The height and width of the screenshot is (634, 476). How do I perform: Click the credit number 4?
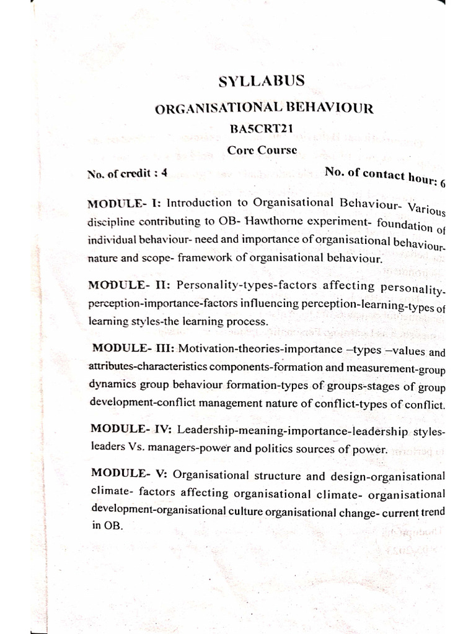coord(164,174)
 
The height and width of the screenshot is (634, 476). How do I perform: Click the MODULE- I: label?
coord(125,203)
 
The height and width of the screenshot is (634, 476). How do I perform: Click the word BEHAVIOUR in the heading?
coord(337,109)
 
